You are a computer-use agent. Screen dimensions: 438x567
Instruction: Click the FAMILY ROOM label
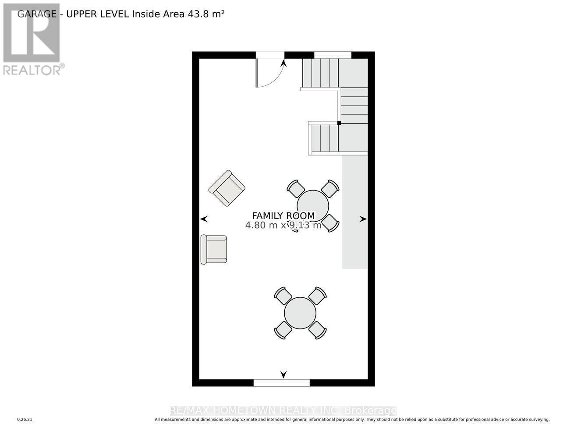pyautogui.click(x=283, y=215)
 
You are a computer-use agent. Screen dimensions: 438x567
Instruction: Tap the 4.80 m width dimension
pyautogui.click(x=261, y=226)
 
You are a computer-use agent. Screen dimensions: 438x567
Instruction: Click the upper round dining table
pyautogui.click(x=313, y=205)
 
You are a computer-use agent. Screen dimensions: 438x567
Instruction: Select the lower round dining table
pyautogui.click(x=300, y=313)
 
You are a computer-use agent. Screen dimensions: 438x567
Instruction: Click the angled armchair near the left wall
pyautogui.click(x=227, y=188)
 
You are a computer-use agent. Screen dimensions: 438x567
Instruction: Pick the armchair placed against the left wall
pyautogui.click(x=214, y=249)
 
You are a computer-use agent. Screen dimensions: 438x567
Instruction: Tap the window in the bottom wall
pyautogui.click(x=281, y=383)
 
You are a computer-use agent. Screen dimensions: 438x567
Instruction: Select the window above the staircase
pyautogui.click(x=333, y=55)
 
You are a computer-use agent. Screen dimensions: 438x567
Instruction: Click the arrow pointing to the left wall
pyautogui.click(x=204, y=219)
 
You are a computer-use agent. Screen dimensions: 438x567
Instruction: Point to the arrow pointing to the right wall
pyautogui.click(x=363, y=219)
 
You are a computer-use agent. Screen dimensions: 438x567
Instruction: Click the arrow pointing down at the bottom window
pyautogui.click(x=283, y=374)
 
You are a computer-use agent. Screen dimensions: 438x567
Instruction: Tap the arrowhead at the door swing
pyautogui.click(x=283, y=63)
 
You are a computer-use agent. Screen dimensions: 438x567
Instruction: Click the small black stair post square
pyautogui.click(x=339, y=123)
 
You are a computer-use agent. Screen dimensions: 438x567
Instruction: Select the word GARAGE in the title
pyautogui.click(x=37, y=14)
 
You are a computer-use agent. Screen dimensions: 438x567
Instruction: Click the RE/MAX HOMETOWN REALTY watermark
pyautogui.click(x=283, y=410)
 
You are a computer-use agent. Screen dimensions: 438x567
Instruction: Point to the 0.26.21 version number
pyautogui.click(x=25, y=420)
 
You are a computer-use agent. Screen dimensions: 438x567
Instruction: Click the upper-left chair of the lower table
pyautogui.click(x=283, y=296)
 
